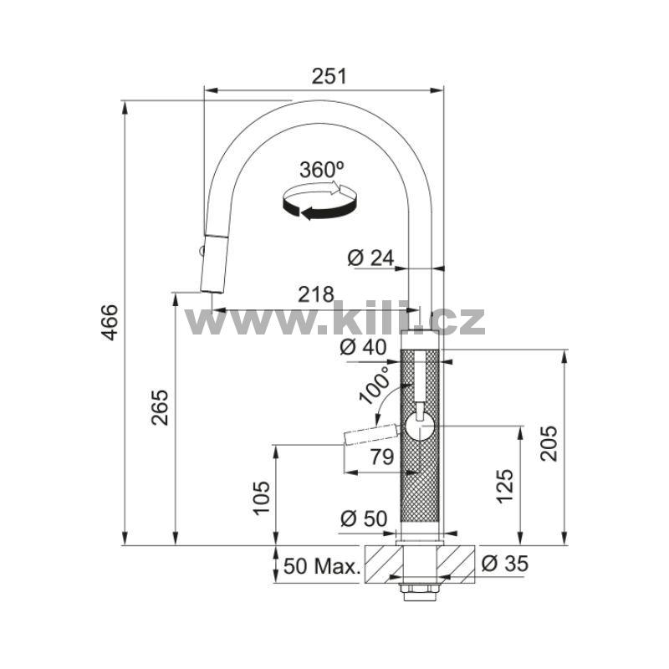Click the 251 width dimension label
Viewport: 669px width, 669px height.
(x=329, y=76)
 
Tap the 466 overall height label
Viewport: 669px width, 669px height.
(x=111, y=322)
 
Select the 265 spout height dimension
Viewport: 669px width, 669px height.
(x=161, y=407)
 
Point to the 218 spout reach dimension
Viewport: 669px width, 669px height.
(x=316, y=294)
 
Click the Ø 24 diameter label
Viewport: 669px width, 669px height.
(x=370, y=258)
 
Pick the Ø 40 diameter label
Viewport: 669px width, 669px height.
(x=363, y=347)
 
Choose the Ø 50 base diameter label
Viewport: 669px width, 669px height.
(x=364, y=518)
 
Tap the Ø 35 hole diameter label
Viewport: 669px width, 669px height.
(x=505, y=564)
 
